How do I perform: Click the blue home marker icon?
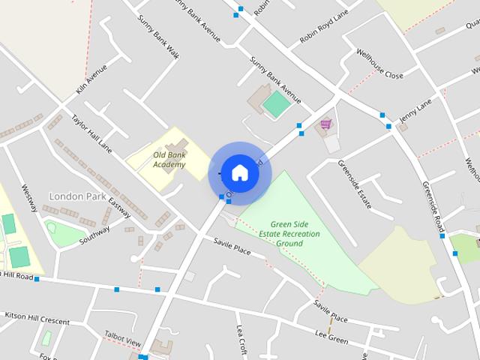239,172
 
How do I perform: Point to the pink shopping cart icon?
325,124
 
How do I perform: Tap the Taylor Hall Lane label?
91,133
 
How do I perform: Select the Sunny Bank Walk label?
158,36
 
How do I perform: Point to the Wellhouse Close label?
379,64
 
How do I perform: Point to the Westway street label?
30,199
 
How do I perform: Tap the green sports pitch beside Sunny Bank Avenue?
276,103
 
